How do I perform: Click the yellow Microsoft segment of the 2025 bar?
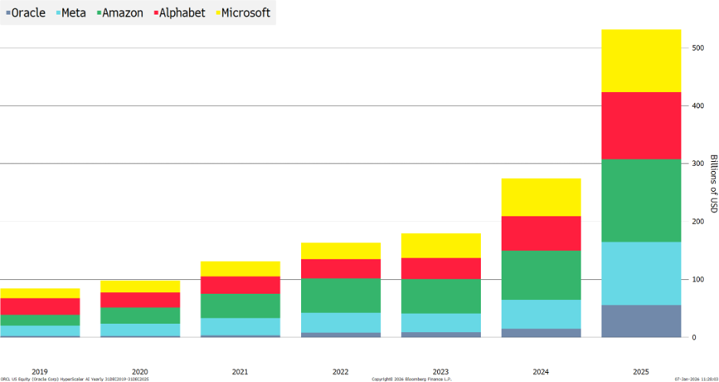point(641,61)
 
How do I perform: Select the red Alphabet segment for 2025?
point(641,125)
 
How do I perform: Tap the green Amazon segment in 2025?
point(641,200)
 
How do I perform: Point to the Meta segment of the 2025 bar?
point(641,273)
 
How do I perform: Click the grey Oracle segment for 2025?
point(641,321)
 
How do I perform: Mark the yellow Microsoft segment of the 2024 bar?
point(541,197)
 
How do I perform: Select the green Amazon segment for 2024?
point(541,275)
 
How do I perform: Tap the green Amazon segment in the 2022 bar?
point(340,295)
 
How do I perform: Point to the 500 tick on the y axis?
point(697,48)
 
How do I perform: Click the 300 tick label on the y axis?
point(697,164)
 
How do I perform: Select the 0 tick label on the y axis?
point(694,338)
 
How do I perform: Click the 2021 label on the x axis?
point(240,371)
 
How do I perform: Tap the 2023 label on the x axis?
point(440,371)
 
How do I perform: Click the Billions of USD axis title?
point(713,184)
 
